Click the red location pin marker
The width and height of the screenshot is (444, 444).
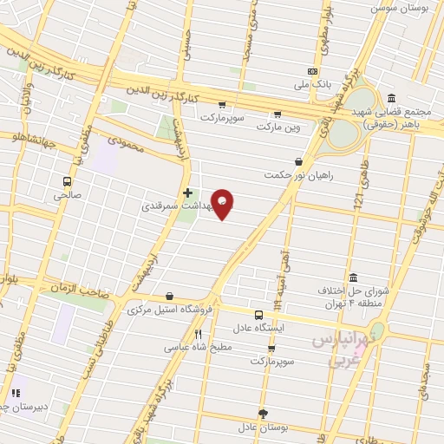coord(223,204)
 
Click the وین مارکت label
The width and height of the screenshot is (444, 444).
coord(277,127)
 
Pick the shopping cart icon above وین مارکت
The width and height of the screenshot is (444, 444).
coord(277,114)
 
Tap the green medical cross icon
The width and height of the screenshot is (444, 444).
coord(186,193)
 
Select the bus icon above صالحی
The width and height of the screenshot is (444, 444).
coord(67,181)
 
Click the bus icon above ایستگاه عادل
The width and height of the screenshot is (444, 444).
coord(258,315)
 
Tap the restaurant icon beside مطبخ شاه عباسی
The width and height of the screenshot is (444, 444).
coord(198,334)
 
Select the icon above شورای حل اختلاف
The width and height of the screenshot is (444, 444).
coord(352,277)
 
